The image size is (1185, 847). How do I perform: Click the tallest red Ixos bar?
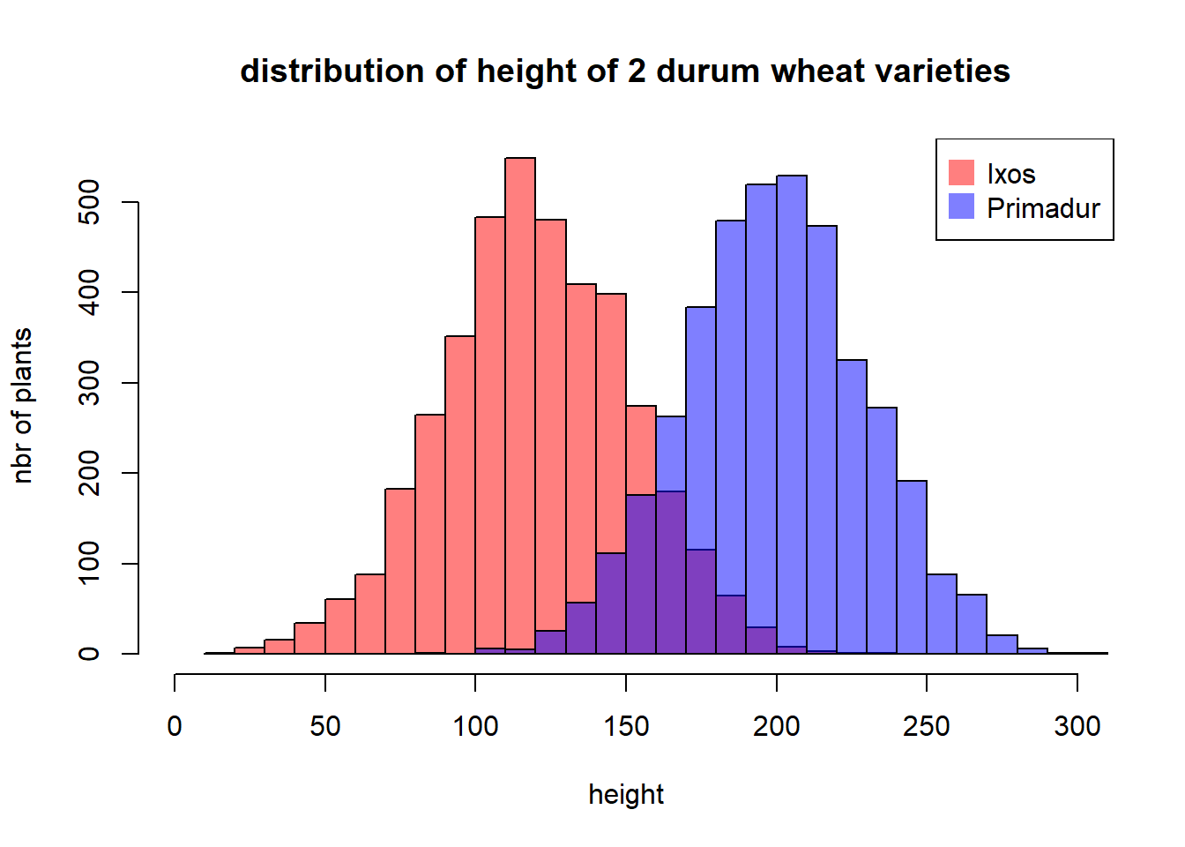(520, 406)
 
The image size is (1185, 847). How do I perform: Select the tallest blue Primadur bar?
(792, 415)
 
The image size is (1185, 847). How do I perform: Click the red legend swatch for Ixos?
(961, 173)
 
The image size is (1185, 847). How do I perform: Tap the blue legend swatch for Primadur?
(961, 206)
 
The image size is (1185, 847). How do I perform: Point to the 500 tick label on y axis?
(89, 202)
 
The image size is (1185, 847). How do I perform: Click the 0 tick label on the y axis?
(89, 654)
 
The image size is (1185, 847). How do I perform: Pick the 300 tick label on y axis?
(89, 383)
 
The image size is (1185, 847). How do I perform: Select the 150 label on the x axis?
(626, 726)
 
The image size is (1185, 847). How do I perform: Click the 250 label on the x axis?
(927, 726)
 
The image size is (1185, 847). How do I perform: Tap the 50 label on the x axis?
(324, 726)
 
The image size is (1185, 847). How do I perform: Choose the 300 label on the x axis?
(1077, 726)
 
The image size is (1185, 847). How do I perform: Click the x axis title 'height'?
(626, 795)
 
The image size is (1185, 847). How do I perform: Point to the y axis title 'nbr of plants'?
(22, 406)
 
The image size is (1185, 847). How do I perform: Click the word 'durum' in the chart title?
(708, 71)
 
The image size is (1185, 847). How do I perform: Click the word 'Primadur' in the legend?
(1043, 208)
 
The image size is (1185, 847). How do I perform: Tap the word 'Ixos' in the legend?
(1011, 174)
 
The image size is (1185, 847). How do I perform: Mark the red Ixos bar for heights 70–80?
(400, 571)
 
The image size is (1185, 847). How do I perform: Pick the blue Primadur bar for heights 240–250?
(912, 567)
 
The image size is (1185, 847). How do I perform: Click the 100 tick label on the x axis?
(475, 726)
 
